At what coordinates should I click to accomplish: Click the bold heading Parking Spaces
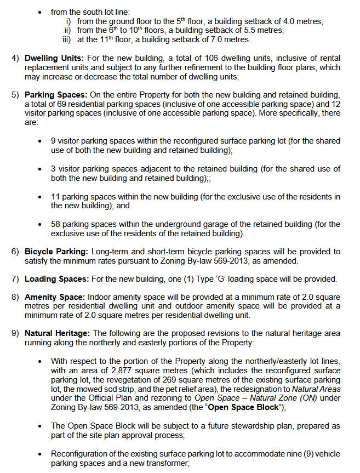coord(55,95)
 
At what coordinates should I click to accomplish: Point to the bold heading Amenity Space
coord(55,297)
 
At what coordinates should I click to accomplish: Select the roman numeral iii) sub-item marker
coord(68,39)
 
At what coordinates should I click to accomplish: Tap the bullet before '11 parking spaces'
coord(40,197)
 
